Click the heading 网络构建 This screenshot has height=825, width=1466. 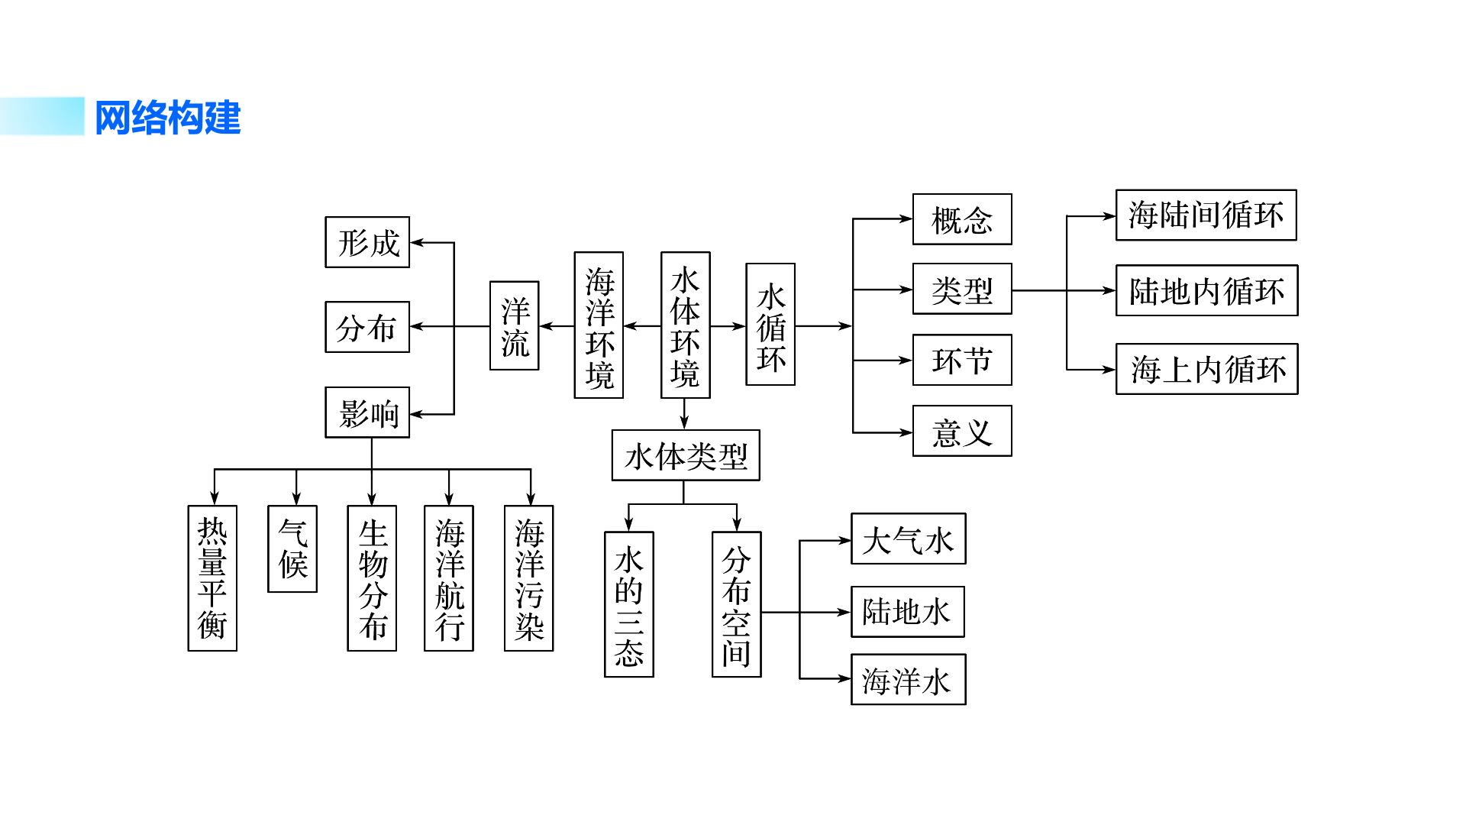pyautogui.click(x=167, y=118)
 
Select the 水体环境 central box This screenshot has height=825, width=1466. pyautogui.click(x=685, y=325)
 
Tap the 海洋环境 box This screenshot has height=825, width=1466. pyautogui.click(x=599, y=325)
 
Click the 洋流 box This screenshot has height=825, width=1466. pyautogui.click(x=514, y=325)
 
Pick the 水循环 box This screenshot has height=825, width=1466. pyautogui.click(x=770, y=324)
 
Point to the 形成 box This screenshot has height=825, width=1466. pyautogui.click(x=367, y=242)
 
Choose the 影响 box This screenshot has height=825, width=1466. pyautogui.click(x=367, y=412)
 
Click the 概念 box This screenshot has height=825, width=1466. pyautogui.click(x=962, y=219)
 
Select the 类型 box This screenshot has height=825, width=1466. pyautogui.click(x=962, y=289)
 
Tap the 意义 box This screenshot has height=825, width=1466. pyautogui.click(x=962, y=431)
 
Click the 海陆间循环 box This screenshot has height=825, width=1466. pyautogui.click(x=1206, y=215)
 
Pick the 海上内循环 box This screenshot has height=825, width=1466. pyautogui.click(x=1207, y=369)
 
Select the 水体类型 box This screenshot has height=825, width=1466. pyautogui.click(x=686, y=455)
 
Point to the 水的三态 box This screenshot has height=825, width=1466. pyautogui.click(x=629, y=604)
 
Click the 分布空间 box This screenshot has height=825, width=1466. pyautogui.click(x=737, y=604)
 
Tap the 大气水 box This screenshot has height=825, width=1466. pyautogui.click(x=909, y=539)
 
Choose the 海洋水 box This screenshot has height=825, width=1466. pyautogui.click(x=909, y=679)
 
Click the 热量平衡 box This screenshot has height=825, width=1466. pyautogui.click(x=212, y=578)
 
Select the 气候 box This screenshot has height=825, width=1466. pyautogui.click(x=292, y=548)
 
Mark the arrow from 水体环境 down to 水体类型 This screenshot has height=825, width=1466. pyautogui.click(x=684, y=414)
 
